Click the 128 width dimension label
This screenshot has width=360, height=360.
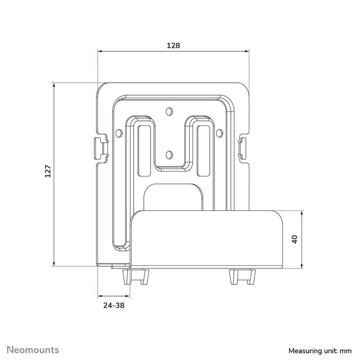[173, 45]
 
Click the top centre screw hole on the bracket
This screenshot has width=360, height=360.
[169, 110]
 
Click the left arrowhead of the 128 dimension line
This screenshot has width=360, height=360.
[100, 51]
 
